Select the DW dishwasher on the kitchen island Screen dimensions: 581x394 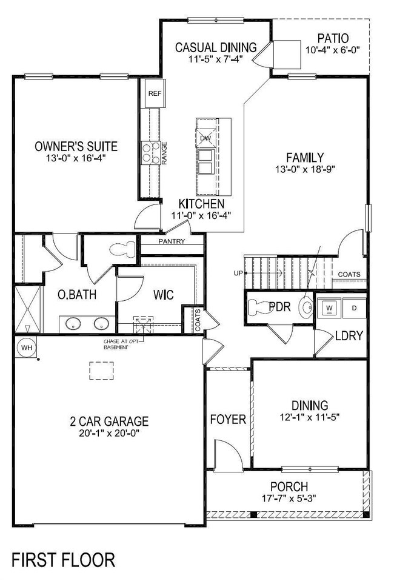tap(205, 138)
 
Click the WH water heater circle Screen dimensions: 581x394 tap(26, 348)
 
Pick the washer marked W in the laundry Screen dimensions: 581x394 tap(330, 307)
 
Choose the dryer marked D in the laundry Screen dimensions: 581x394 tap(355, 307)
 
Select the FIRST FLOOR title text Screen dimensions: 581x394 tap(63, 559)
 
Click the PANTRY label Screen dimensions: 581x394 tap(172, 241)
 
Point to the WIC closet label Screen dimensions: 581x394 tap(164, 295)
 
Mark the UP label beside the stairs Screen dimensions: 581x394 tap(238, 273)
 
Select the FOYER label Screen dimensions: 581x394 tap(228, 419)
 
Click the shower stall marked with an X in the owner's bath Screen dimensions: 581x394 tap(26, 309)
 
